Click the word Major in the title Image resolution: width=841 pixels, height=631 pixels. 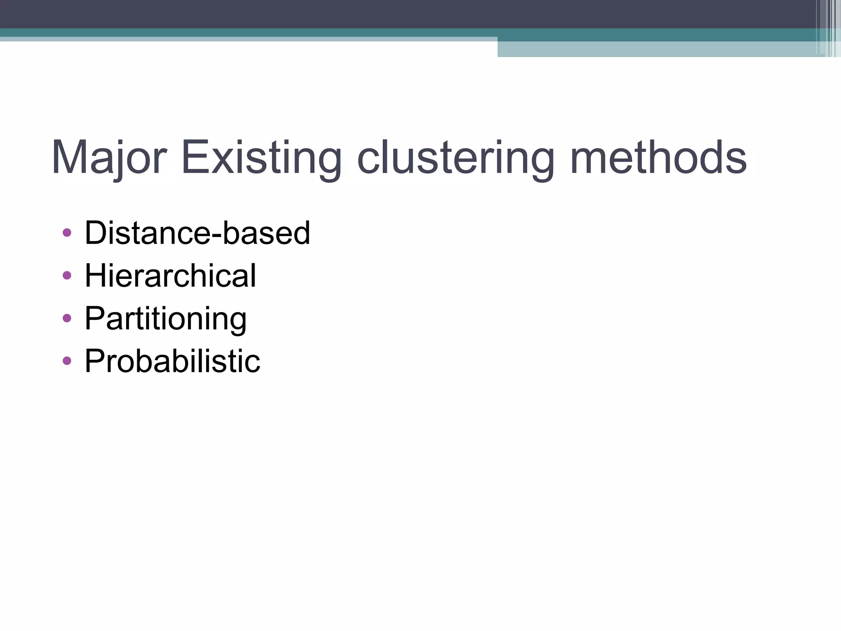(x=109, y=158)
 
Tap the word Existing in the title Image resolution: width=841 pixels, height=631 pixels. (x=261, y=158)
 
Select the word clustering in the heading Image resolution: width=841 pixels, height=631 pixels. (x=456, y=158)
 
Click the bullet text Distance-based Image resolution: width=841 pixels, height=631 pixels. (x=197, y=233)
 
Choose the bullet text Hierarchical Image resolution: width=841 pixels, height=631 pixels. (x=170, y=276)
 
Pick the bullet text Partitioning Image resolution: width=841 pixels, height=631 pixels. (x=165, y=319)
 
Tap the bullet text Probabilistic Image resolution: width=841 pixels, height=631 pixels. (x=172, y=361)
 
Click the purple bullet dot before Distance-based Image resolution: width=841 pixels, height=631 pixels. (x=67, y=233)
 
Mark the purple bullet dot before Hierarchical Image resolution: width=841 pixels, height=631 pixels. (x=67, y=276)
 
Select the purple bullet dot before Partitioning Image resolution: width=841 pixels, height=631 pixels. (x=67, y=318)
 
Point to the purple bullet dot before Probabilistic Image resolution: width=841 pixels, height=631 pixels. (x=67, y=361)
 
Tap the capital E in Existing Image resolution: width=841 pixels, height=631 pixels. (x=194, y=158)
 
